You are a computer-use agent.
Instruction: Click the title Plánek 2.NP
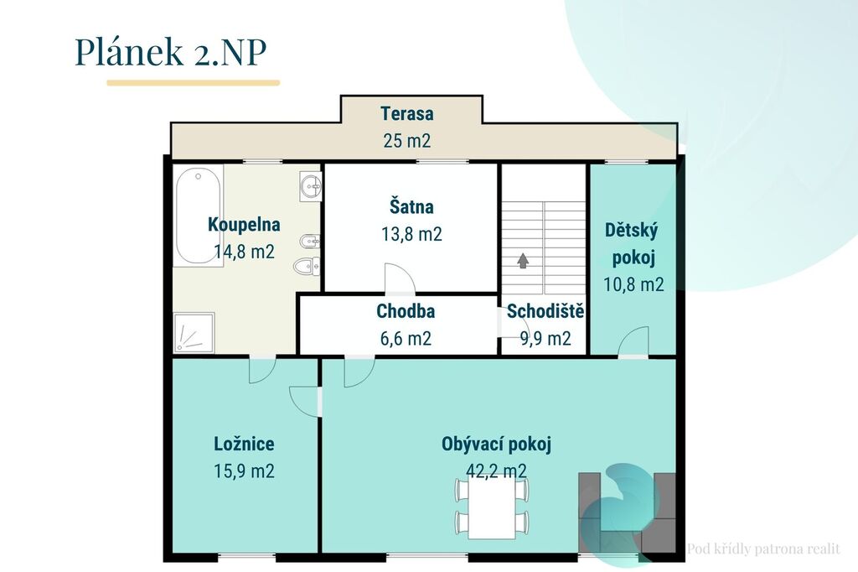(170, 53)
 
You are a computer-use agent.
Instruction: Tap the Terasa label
(407, 113)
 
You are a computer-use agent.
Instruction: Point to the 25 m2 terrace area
(407, 140)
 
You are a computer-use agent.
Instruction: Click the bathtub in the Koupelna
(198, 216)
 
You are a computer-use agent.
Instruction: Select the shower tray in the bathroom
(194, 333)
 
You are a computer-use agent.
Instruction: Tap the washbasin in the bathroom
(311, 186)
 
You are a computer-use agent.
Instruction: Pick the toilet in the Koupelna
(307, 267)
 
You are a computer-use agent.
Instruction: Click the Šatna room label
(411, 206)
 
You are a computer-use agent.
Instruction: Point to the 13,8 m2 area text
(411, 234)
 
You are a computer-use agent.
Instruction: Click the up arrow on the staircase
(523, 261)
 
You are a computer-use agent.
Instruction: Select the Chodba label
(406, 311)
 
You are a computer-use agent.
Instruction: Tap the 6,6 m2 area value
(406, 339)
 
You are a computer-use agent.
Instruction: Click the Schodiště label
(545, 311)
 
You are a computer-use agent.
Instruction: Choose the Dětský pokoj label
(633, 244)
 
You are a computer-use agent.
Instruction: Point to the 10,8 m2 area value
(633, 284)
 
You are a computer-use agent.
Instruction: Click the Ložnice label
(244, 444)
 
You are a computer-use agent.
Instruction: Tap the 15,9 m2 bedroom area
(244, 471)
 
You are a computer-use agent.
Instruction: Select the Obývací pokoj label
(496, 445)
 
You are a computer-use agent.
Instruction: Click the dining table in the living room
(492, 510)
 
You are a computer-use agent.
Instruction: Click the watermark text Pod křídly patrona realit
(763, 549)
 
